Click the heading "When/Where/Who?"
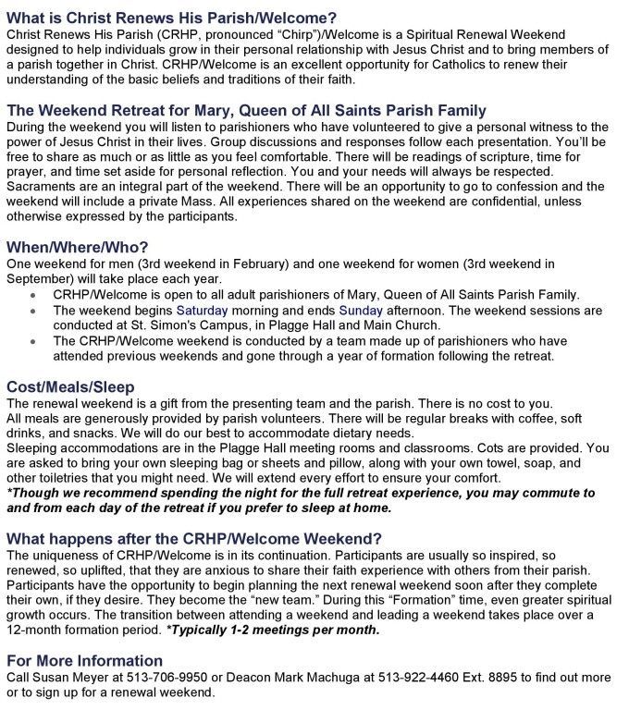(x=77, y=248)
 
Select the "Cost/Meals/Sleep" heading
(x=70, y=386)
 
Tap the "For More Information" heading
(x=84, y=661)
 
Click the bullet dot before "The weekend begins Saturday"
(x=34, y=312)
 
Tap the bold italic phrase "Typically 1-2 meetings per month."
(x=273, y=630)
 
